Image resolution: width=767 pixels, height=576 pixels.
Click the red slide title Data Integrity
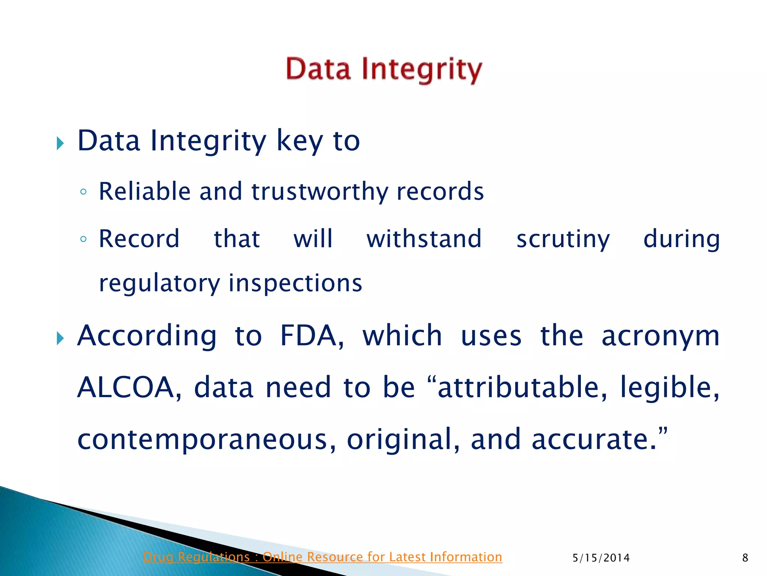coord(384,70)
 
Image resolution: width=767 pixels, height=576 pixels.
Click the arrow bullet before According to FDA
coord(60,338)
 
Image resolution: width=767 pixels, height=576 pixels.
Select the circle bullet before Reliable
coord(84,192)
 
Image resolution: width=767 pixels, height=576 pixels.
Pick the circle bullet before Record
coord(84,239)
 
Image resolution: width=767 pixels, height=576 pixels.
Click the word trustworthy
coord(319,192)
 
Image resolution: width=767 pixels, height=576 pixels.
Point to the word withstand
coord(424,239)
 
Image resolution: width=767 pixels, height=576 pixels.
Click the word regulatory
coord(159,283)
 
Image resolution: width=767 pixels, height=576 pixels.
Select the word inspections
coord(295,283)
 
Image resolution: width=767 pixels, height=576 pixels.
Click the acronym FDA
coord(311,336)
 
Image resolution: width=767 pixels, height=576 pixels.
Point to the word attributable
coord(522,387)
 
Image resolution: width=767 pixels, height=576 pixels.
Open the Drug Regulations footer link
coord(322,557)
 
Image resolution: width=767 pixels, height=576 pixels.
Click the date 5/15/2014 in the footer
coord(601,558)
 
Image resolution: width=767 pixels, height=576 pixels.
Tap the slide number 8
coord(745,558)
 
